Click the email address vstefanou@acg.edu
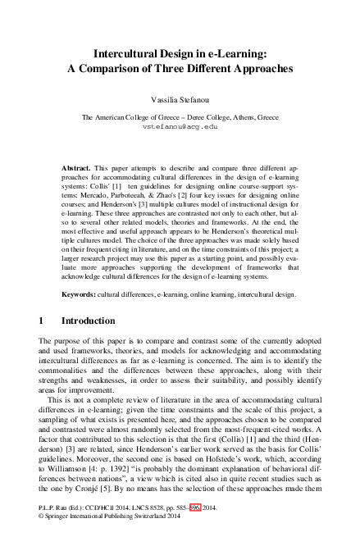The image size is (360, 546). [x=180, y=128]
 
